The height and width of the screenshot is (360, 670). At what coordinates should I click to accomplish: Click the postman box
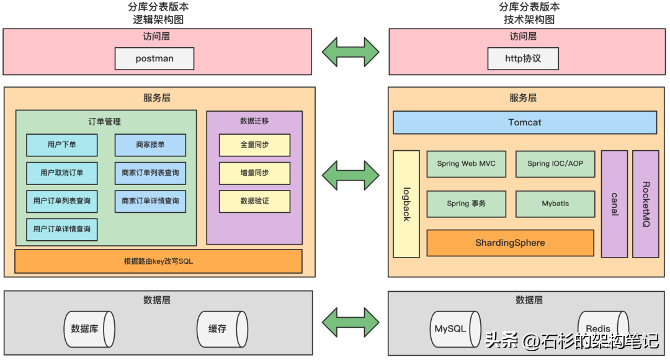pos(154,59)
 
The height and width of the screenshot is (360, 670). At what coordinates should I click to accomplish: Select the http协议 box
pos(523,59)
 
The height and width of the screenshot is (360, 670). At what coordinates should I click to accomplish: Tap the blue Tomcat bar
pos(525,122)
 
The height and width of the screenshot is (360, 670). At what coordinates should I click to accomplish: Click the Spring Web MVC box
pos(466,164)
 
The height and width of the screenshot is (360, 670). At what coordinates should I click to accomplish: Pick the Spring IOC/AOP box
pos(555,164)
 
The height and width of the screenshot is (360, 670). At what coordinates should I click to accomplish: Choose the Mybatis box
pos(555,204)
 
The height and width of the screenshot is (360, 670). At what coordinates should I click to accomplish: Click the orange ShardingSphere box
pos(510,243)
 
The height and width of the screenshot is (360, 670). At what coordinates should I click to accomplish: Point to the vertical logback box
pos(406,204)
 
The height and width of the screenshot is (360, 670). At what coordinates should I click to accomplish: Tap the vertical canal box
pos(614,204)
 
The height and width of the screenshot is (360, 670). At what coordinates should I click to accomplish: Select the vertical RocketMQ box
pos(645,204)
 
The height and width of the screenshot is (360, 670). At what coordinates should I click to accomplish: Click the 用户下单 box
pos(62,145)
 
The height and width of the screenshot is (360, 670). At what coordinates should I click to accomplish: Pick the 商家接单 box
pos(150,145)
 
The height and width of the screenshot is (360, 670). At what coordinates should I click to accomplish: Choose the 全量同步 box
pos(254,145)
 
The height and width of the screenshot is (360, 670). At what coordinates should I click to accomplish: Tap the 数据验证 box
pos(254,201)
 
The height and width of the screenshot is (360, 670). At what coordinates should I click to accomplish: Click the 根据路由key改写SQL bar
pos(158,261)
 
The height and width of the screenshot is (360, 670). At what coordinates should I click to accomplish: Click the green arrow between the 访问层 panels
pos(351,52)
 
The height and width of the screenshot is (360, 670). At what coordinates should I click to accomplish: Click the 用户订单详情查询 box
pos(62,229)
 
